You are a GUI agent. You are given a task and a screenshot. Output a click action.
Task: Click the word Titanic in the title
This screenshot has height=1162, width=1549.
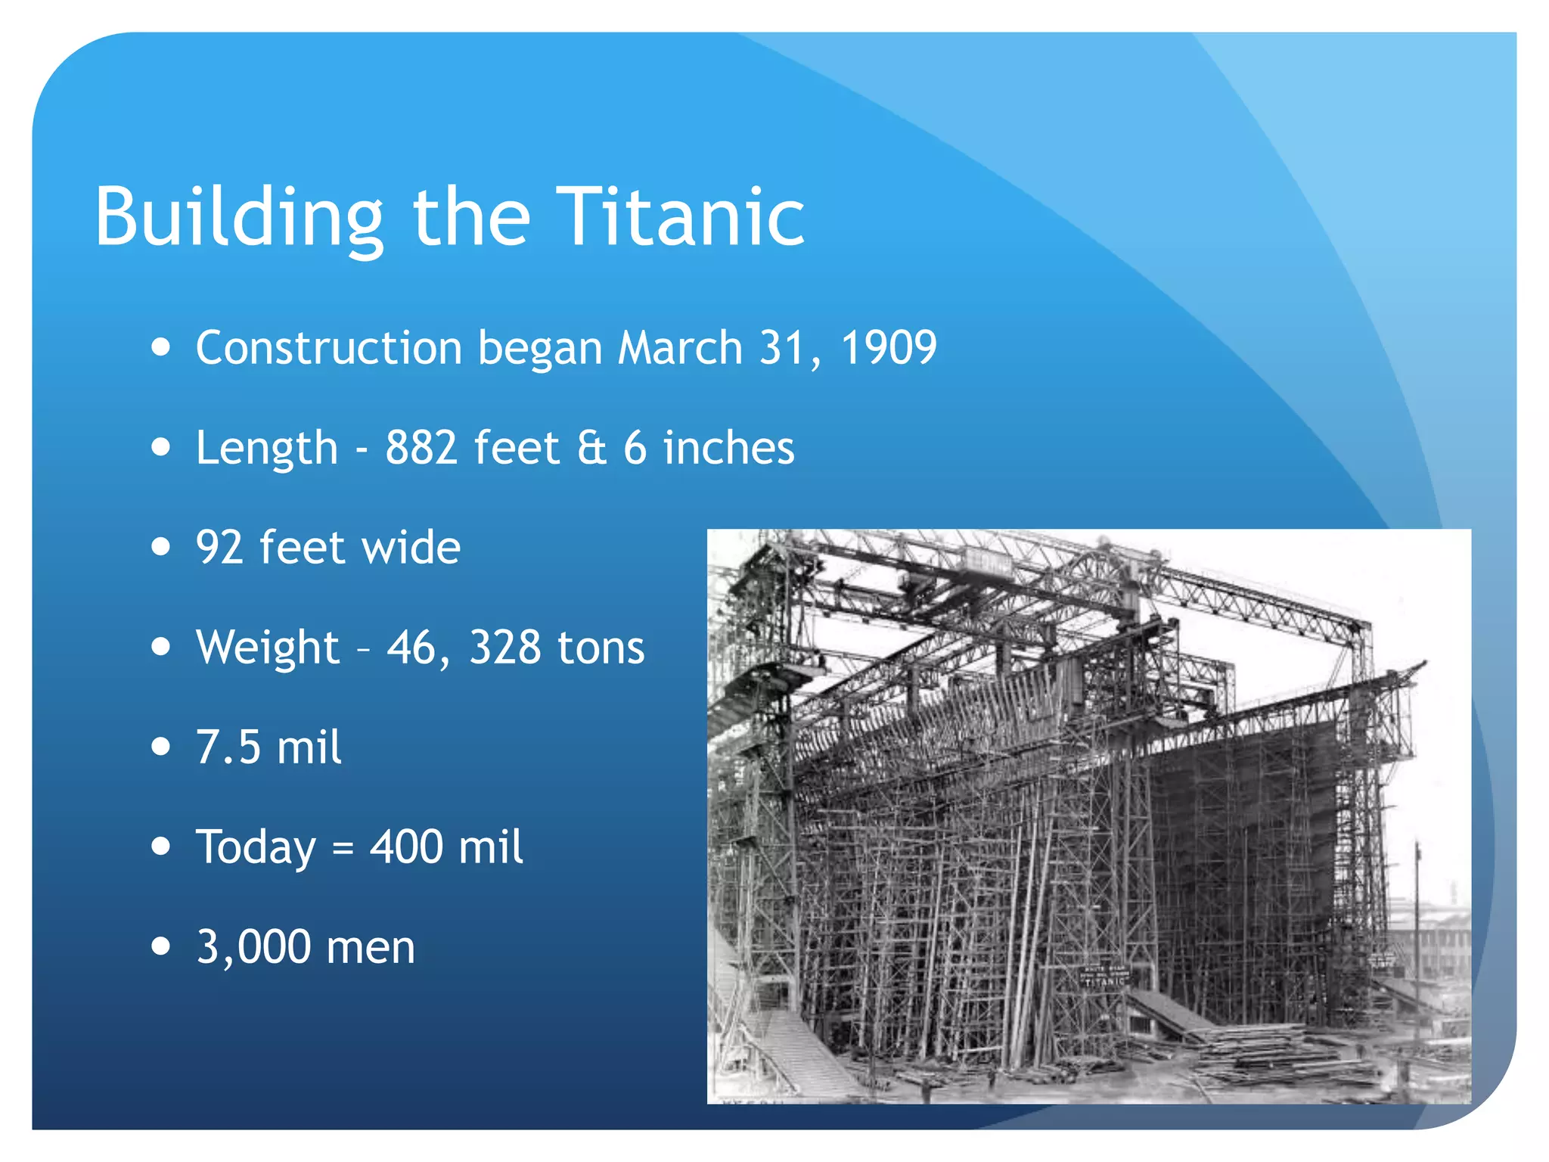681,217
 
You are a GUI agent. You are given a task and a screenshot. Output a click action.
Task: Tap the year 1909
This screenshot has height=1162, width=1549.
889,348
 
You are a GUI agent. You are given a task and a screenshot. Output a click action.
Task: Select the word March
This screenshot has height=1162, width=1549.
680,348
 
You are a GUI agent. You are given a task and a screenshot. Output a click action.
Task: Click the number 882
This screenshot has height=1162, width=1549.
421,448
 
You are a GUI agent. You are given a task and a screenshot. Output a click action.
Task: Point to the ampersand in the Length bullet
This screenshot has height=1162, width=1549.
591,448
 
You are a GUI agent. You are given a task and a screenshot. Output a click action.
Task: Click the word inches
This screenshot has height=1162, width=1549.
728,448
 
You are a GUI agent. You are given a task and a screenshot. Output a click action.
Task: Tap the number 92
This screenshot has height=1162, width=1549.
219,548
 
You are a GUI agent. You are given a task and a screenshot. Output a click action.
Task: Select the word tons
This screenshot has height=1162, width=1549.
601,648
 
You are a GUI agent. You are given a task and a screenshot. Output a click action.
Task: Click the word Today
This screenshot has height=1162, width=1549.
256,847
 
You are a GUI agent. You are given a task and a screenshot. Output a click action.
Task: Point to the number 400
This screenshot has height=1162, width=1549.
406,847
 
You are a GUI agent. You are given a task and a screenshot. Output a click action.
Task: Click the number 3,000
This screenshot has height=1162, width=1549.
253,947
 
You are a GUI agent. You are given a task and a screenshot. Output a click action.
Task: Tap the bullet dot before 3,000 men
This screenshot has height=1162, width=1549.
160,946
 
